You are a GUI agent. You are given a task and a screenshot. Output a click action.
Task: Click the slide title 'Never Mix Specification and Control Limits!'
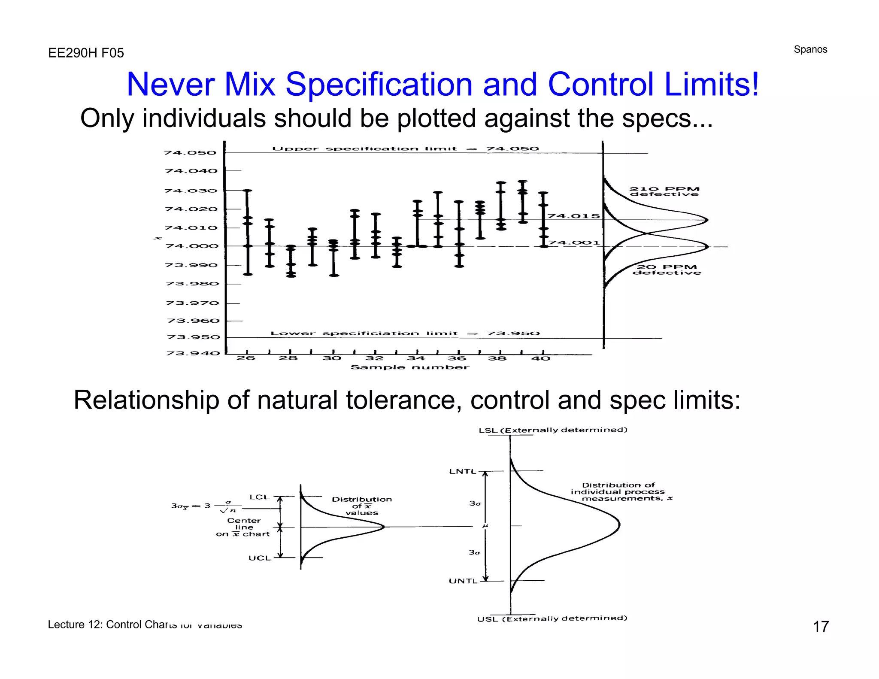point(443,84)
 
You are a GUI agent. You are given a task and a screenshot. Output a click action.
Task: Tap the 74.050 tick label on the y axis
point(190,153)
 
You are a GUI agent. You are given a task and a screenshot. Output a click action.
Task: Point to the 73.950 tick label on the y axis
point(193,337)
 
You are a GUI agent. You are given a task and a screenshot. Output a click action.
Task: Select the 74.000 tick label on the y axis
point(192,246)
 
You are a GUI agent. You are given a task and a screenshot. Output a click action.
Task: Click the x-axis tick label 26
point(246,358)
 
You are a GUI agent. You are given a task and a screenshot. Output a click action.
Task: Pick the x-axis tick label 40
point(541,358)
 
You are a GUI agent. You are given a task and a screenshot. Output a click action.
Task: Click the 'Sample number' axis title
point(410,367)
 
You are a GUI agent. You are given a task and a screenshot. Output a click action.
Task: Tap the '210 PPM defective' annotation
point(664,191)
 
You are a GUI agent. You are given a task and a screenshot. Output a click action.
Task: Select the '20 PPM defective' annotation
point(667,270)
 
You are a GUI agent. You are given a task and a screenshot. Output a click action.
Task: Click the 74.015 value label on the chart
point(573,216)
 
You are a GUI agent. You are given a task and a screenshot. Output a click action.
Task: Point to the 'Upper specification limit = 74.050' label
point(405,149)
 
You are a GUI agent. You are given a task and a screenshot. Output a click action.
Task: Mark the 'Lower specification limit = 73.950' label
point(405,333)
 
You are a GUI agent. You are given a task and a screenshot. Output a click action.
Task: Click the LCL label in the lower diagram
point(260,497)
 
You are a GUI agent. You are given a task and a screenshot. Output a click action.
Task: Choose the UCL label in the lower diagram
point(260,558)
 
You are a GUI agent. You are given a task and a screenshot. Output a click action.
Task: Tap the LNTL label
point(463,471)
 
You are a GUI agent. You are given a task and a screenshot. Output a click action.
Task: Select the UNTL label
point(463,581)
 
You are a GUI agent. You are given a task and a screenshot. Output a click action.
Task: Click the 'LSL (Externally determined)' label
point(553,430)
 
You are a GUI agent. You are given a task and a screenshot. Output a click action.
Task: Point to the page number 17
point(821,627)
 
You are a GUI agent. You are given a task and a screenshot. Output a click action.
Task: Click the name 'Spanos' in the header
point(810,49)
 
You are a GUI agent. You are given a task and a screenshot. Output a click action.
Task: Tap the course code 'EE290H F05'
point(86,53)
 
